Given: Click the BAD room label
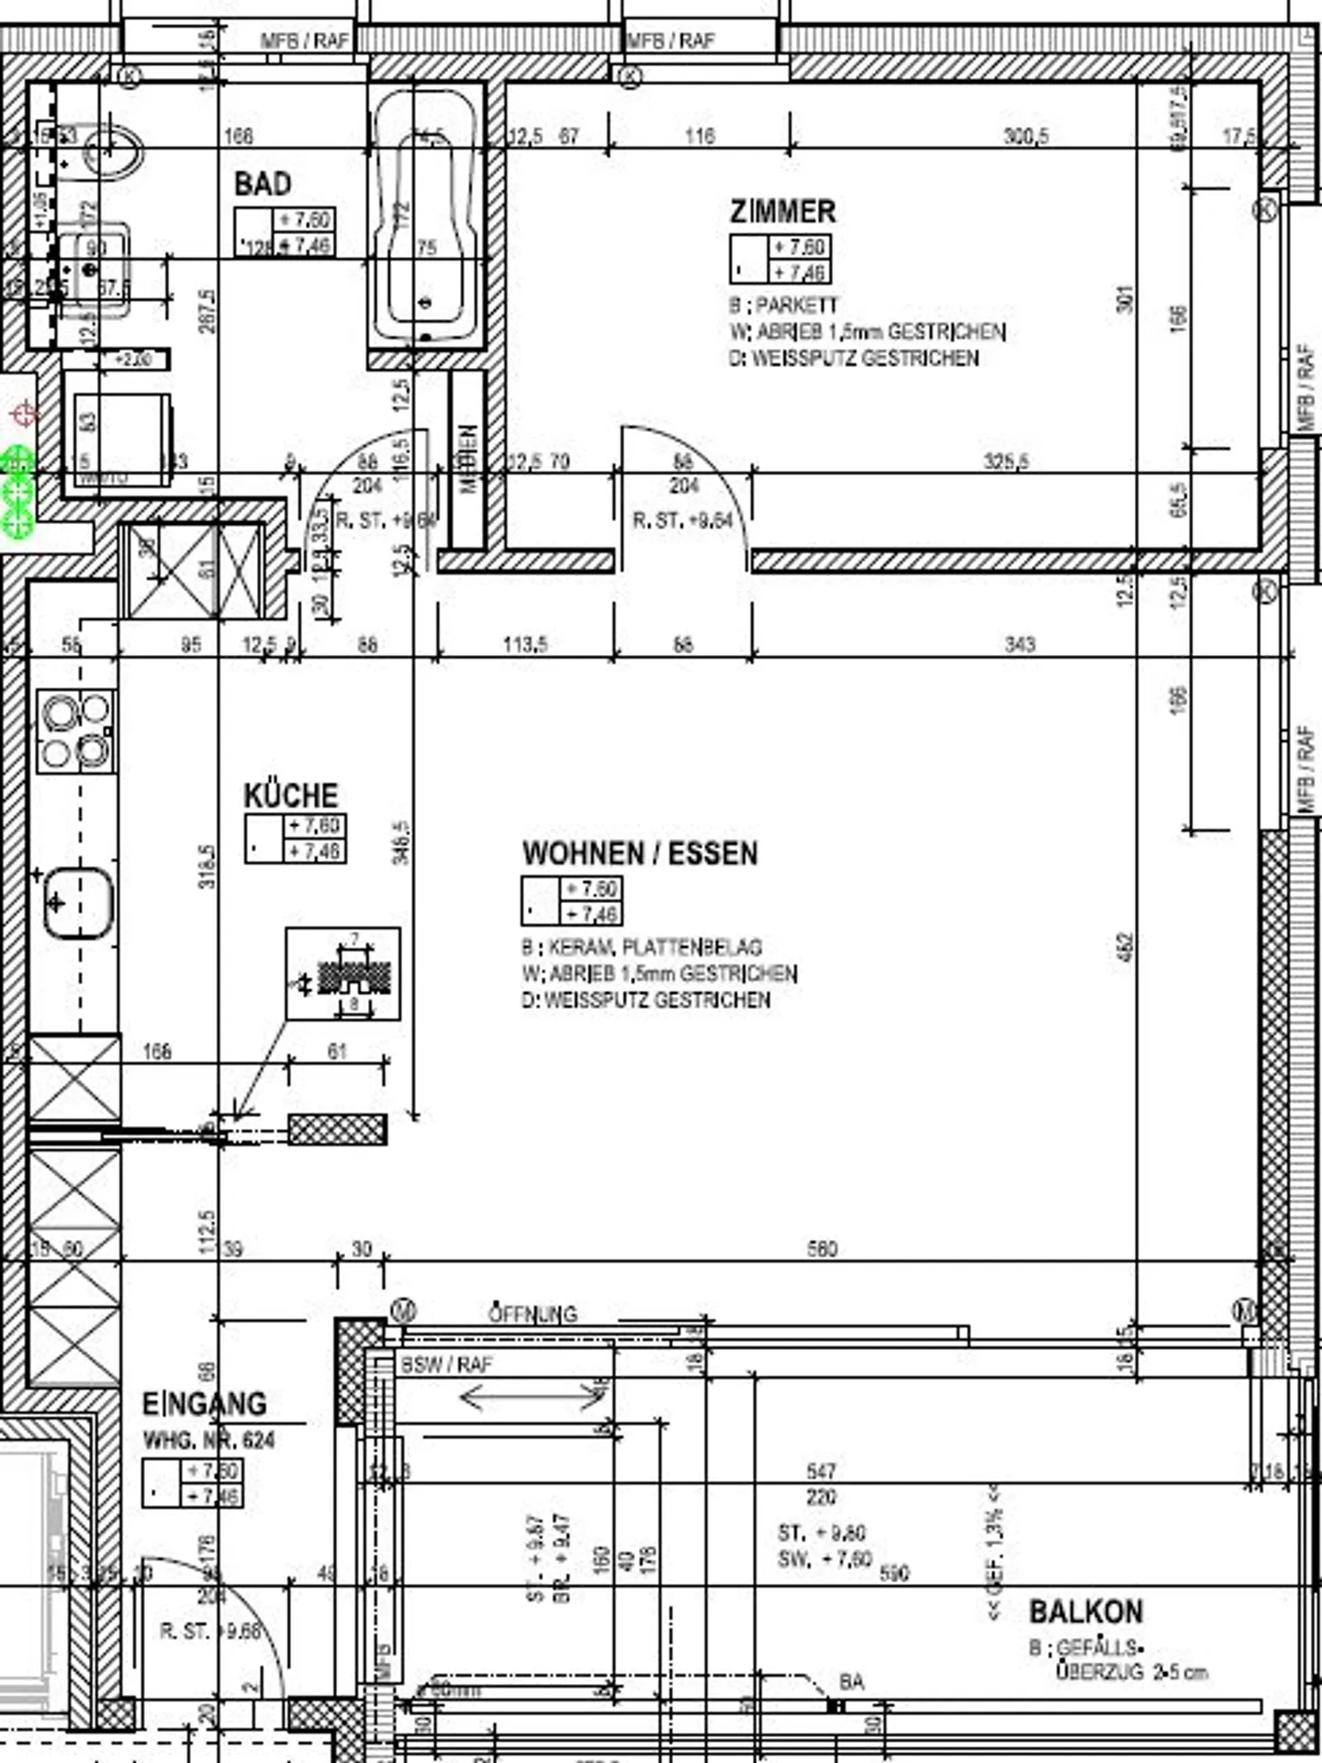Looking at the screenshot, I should pos(263,184).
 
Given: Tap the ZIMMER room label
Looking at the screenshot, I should pos(782,211).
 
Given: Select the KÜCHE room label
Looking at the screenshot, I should pos(290,795).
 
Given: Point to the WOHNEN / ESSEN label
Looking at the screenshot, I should pos(640,854).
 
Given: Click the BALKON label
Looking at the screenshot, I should pos(1085,1612).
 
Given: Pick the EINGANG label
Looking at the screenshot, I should pos(204,1404).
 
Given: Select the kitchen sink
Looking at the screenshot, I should pos(79,903).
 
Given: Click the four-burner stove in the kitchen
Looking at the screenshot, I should pos(76,731).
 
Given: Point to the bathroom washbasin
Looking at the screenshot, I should pos(92,266).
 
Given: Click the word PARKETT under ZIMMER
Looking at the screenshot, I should pos(796,305).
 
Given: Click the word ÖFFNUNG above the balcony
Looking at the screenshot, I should pos(532,1314).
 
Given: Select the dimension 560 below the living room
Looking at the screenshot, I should pos(822,1249).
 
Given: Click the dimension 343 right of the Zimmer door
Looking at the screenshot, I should pos(1019,644).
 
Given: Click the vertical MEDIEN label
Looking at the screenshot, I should pos(468,459).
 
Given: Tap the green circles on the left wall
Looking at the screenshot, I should pos(17,492).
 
